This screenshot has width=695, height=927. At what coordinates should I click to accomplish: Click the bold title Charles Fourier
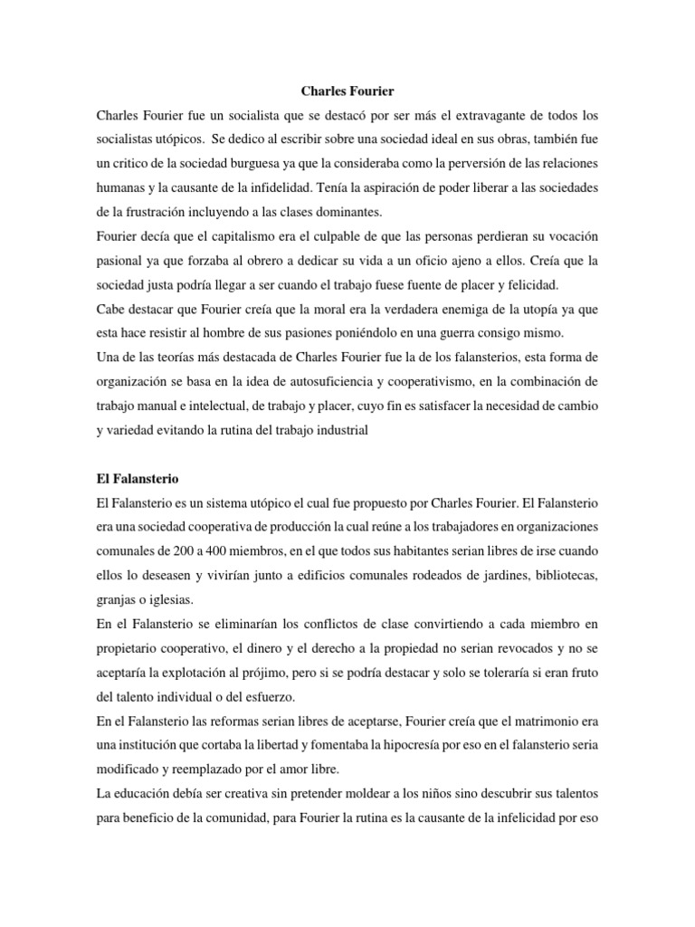(347, 91)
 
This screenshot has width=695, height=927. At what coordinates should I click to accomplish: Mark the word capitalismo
(233, 234)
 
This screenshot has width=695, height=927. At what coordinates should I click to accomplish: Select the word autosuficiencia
(320, 381)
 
